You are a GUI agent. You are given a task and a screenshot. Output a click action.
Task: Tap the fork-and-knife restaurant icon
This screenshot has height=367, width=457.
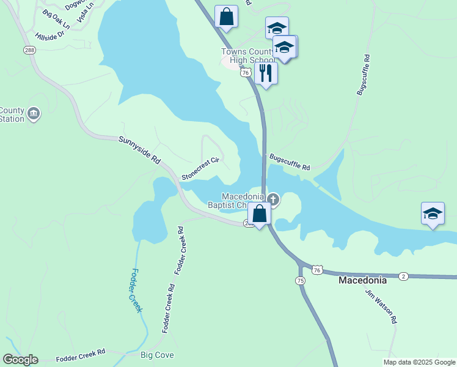(266, 73)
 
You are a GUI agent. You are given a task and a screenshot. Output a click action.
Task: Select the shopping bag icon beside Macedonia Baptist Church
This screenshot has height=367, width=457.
(259, 214)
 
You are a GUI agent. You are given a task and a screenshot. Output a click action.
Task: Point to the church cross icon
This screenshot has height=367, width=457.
(273, 199)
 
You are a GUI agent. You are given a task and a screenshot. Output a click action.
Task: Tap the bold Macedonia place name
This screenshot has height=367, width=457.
(363, 280)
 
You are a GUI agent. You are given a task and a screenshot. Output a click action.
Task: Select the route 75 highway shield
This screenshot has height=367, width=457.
(299, 280)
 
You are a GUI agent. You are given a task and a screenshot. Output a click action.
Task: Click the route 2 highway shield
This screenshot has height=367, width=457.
(403, 276)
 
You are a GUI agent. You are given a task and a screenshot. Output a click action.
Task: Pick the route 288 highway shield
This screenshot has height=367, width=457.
(29, 50)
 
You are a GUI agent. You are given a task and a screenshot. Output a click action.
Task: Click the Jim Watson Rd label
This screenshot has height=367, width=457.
(382, 306)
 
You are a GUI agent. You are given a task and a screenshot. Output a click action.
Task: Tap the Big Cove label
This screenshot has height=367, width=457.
(157, 355)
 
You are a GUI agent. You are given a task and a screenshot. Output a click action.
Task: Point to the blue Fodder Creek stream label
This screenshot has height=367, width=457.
(135, 290)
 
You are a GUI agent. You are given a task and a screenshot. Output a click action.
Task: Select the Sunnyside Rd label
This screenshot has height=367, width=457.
(139, 150)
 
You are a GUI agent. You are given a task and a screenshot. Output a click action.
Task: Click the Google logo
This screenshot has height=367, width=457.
(20, 360)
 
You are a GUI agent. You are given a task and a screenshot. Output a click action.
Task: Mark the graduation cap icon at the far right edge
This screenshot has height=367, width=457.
(433, 214)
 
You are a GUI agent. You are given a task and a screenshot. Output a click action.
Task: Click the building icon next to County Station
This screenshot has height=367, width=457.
(34, 113)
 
